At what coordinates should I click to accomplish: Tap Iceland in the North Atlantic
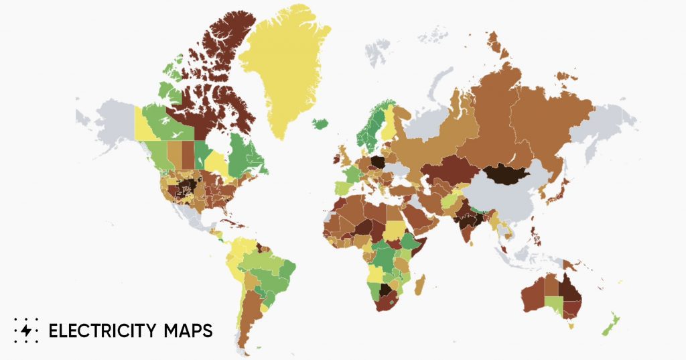(x=322, y=124)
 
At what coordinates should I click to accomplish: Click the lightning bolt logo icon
(x=26, y=331)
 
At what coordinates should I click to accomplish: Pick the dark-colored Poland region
(x=378, y=162)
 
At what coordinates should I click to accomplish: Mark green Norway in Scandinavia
(x=365, y=134)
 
